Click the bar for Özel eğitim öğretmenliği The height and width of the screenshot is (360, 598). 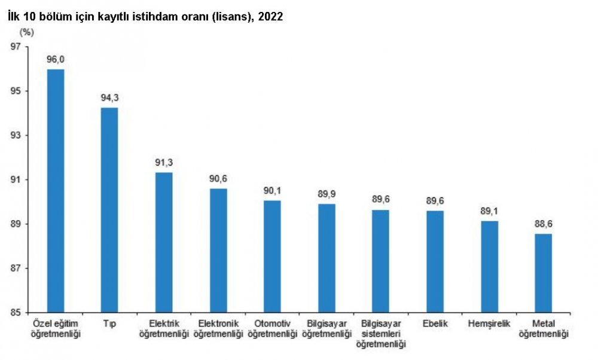pyautogui.click(x=56, y=191)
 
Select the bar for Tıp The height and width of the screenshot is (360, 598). pyautogui.click(x=109, y=210)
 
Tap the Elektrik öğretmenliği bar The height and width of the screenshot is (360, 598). pyautogui.click(x=164, y=242)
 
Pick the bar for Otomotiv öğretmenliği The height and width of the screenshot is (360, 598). pyautogui.click(x=272, y=256)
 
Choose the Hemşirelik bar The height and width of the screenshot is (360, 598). pyautogui.click(x=489, y=267)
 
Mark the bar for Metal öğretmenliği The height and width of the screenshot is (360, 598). pyautogui.click(x=543, y=273)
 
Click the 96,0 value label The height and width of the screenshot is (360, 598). pyautogui.click(x=56, y=60)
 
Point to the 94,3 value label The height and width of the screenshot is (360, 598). pyautogui.click(x=109, y=98)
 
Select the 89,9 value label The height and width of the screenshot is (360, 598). pyautogui.click(x=327, y=194)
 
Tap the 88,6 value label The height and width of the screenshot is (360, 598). pyautogui.click(x=543, y=224)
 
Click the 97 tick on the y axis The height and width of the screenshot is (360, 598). pyautogui.click(x=32, y=47)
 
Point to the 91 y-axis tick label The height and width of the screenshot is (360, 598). pyautogui.click(x=32, y=180)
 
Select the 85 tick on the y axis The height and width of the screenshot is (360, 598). pyautogui.click(x=32, y=313)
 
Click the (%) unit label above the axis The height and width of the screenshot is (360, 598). pyautogui.click(x=28, y=32)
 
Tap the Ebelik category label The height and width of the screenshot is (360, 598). pyautogui.click(x=435, y=324)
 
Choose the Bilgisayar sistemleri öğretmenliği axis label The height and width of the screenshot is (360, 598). pyautogui.click(x=381, y=334)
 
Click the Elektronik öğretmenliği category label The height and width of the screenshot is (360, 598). pyautogui.click(x=218, y=328)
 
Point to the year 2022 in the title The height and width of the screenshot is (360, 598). pyautogui.click(x=270, y=17)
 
